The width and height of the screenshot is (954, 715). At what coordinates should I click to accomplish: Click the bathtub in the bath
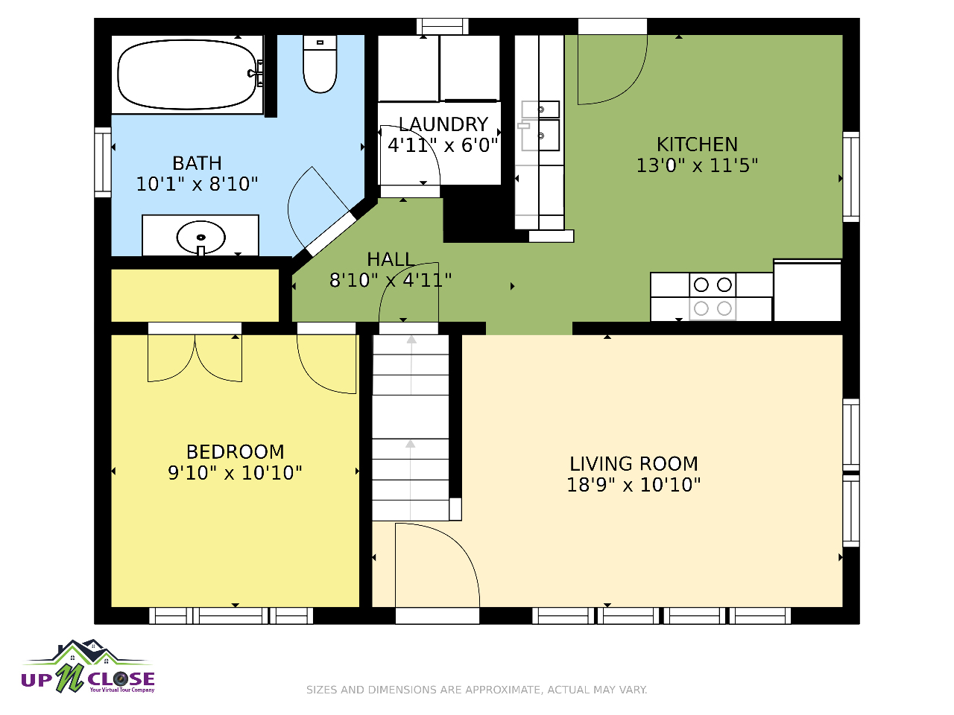187,74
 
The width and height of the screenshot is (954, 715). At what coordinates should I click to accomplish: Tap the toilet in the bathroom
320,64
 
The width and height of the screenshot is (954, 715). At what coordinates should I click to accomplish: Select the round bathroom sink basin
200,238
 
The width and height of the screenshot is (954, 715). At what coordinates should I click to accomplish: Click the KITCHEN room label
697,144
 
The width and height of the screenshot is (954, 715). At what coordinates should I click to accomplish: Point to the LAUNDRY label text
443,124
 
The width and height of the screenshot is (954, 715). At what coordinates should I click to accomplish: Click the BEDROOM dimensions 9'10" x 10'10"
235,473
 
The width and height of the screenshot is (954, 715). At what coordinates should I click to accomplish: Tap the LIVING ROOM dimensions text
634,485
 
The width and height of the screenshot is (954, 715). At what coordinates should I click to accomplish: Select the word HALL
390,260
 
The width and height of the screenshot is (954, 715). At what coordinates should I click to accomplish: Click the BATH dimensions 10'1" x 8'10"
197,184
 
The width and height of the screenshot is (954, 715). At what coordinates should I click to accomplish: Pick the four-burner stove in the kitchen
713,296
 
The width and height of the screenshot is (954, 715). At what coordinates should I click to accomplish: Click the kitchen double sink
540,126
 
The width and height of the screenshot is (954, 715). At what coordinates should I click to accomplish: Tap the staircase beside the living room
411,428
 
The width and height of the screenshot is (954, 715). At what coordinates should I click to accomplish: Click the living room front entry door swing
437,565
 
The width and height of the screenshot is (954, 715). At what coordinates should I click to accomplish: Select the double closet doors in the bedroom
195,358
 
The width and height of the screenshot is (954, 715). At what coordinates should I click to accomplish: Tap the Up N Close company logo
88,667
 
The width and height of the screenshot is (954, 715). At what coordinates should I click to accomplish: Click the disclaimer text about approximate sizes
477,690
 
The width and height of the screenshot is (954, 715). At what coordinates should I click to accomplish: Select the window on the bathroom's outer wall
103,162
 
